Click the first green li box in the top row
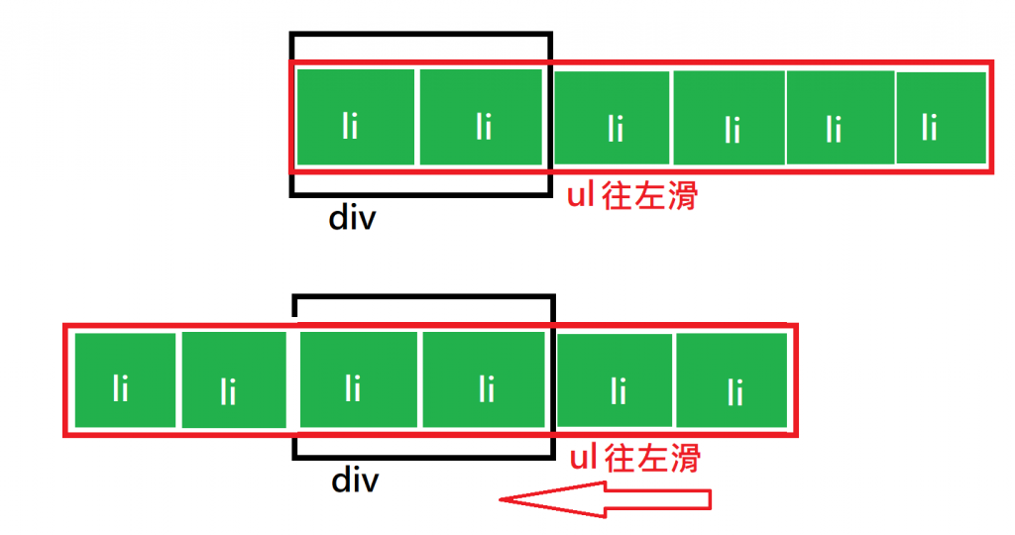pyautogui.click(x=355, y=117)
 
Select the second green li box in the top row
pyautogui.click(x=481, y=117)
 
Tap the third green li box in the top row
pyautogui.click(x=613, y=118)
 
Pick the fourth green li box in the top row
pyautogui.click(x=730, y=119)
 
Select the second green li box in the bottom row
pyautogui.click(x=234, y=381)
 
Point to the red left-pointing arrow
pyautogui.click(x=605, y=498)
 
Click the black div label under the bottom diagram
pyautogui.click(x=356, y=481)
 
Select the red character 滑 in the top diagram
pyautogui.click(x=682, y=195)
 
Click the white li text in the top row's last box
pyautogui.click(x=929, y=128)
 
